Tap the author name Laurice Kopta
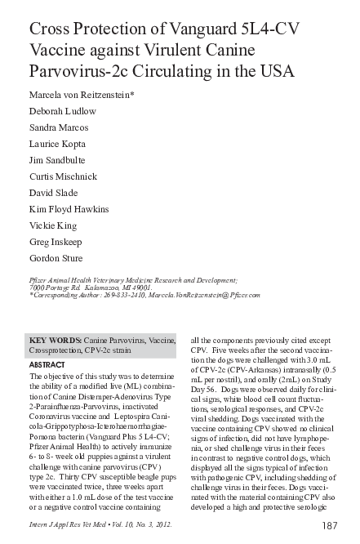click(x=58, y=147)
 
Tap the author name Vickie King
click(x=53, y=226)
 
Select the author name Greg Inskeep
click(x=55, y=243)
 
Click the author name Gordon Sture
click(x=56, y=258)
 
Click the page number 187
click(x=330, y=525)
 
